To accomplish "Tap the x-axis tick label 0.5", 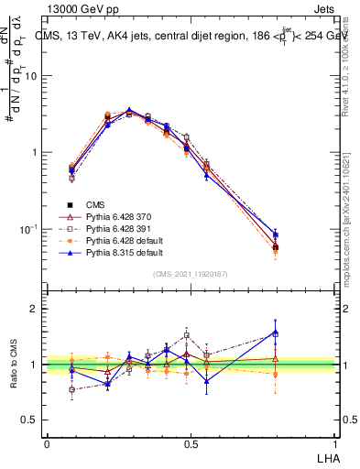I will point(191,442).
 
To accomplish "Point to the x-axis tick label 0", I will point(47,442).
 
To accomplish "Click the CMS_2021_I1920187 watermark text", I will point(190,274).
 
